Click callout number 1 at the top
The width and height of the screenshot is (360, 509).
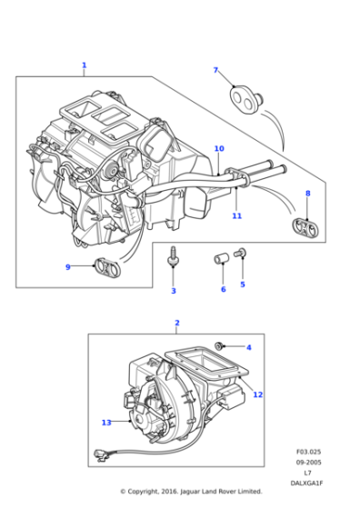pos(84,65)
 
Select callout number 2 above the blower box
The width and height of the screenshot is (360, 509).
pos(176,323)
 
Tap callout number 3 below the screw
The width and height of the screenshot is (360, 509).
pos(174,291)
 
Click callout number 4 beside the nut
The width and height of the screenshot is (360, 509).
pos(248,347)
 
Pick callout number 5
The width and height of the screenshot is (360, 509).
pos(243,284)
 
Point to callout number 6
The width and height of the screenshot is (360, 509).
pos(223,289)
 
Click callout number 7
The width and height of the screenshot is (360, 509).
pos(215,70)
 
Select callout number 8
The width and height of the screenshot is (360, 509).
pos(307,193)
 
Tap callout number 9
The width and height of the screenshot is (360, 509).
pos(67,266)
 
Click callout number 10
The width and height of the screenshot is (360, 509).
pos(218,148)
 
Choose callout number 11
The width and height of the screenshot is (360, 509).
pos(236,215)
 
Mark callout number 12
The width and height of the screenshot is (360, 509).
pos(258,394)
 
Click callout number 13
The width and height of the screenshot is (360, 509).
pos(106,423)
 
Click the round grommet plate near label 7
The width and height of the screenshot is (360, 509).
pos(243,96)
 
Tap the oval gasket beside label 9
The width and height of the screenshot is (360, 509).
pos(106,268)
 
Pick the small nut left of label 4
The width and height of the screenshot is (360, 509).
pos(220,345)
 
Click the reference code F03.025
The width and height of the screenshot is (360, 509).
pos(308,452)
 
